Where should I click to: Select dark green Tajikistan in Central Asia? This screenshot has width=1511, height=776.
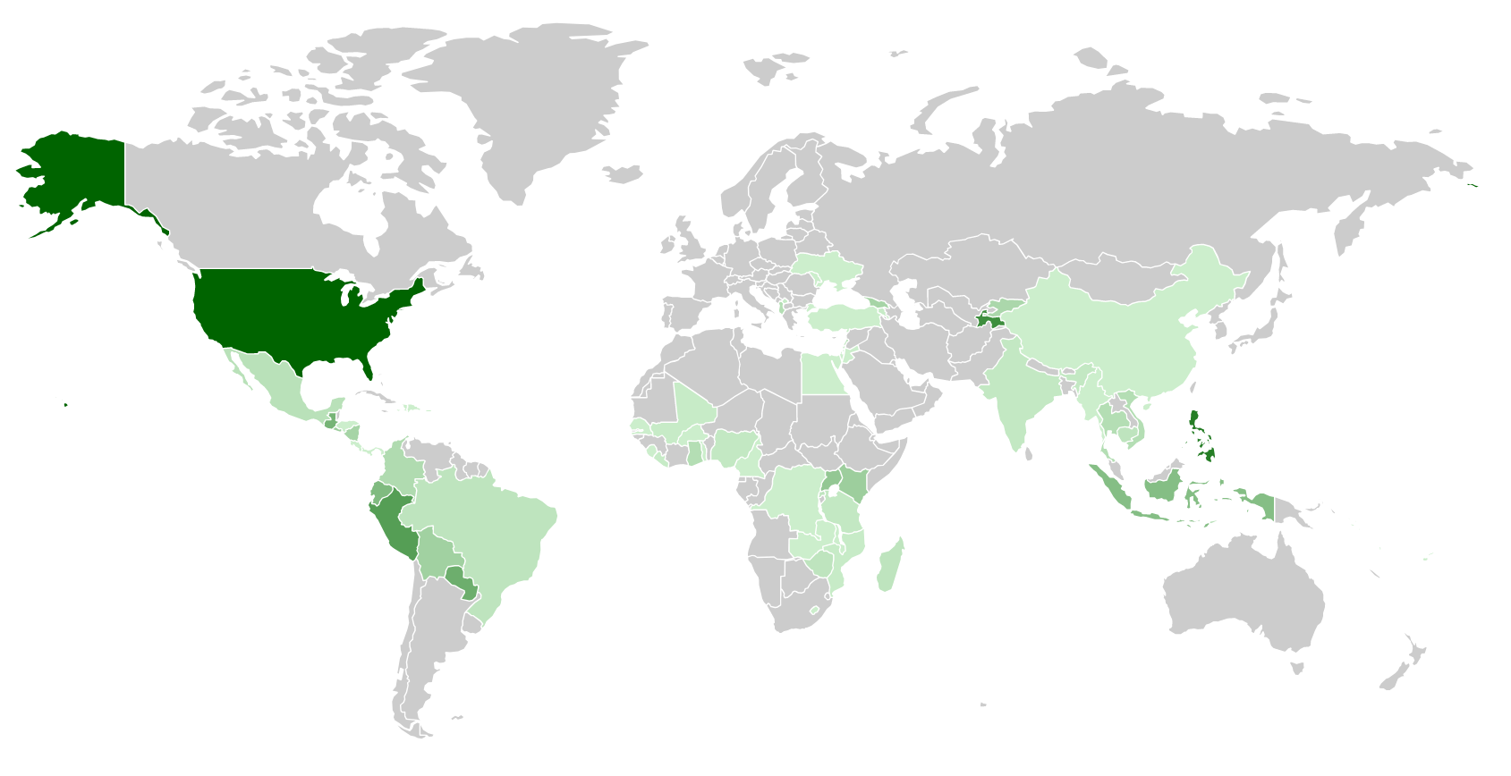coord(989,319)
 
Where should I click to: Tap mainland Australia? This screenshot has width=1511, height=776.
coord(1244,590)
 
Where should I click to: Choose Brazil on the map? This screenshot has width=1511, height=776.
coord(488,536)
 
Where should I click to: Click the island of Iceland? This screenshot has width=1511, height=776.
coord(623,173)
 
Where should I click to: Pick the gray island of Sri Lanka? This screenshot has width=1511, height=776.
coord(1029,454)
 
